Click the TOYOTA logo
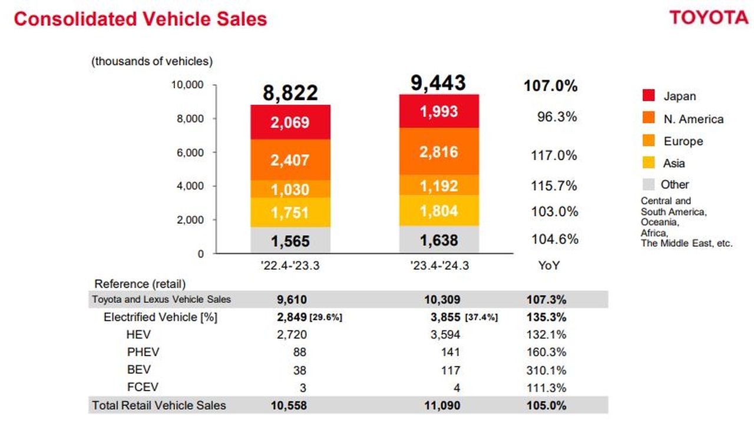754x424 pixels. pyautogui.click(x=708, y=17)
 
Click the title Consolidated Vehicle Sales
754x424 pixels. pyautogui.click(x=140, y=19)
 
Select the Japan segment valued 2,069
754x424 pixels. pyautogui.click(x=290, y=122)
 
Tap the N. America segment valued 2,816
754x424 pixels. pyautogui.click(x=439, y=151)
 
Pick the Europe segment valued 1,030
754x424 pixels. pyautogui.click(x=290, y=190)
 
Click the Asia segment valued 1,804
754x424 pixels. pyautogui.click(x=439, y=211)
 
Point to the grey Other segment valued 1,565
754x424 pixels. pyautogui.click(x=290, y=241)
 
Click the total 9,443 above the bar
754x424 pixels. pyautogui.click(x=439, y=83)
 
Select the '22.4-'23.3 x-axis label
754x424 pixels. pyautogui.click(x=290, y=266)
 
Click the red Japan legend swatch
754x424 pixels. pyautogui.click(x=649, y=96)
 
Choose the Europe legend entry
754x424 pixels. pyautogui.click(x=683, y=141)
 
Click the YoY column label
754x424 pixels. pyautogui.click(x=549, y=266)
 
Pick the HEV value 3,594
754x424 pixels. pyautogui.click(x=446, y=335)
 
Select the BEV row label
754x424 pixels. pyautogui.click(x=138, y=370)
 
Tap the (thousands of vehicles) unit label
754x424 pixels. pyautogui.click(x=151, y=61)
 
